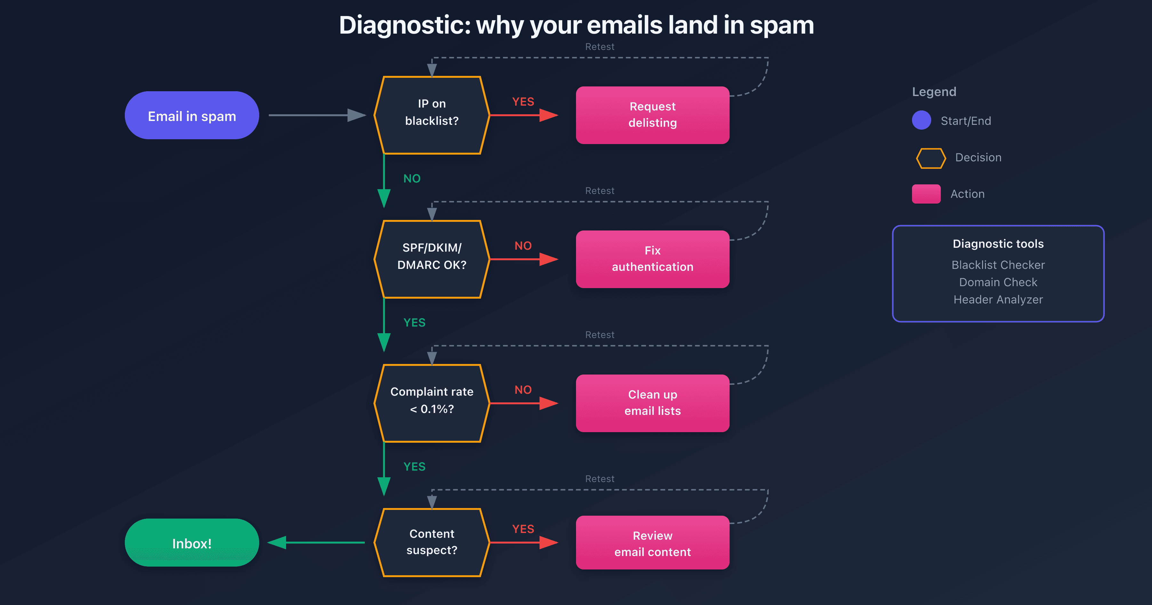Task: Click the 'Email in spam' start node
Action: [192, 116]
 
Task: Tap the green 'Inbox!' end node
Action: [192, 543]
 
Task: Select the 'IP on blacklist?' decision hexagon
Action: [432, 115]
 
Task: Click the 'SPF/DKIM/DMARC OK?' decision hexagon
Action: [432, 259]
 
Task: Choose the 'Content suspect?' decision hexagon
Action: [432, 542]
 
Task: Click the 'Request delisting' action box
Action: [652, 115]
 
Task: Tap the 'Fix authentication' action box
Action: [652, 259]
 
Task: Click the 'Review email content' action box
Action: [652, 543]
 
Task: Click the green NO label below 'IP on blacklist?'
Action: [412, 179]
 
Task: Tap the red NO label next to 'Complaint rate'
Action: [523, 390]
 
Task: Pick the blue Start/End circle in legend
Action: [921, 120]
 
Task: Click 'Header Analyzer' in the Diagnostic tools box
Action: [998, 299]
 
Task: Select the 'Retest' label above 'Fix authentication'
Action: [599, 191]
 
